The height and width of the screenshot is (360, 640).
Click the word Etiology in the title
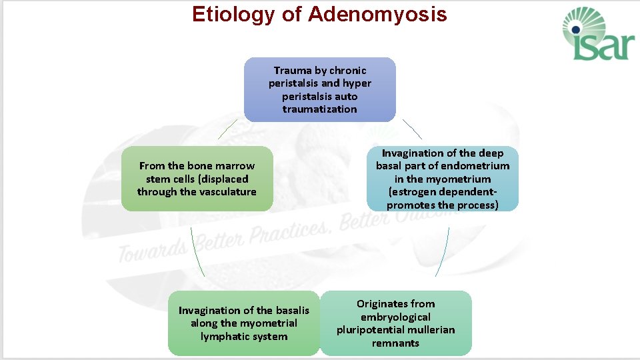pos(233,14)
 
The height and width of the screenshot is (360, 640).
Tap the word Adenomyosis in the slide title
pos(377,14)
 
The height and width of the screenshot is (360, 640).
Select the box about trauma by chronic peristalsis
pos(319,89)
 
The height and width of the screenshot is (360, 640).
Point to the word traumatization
pos(319,109)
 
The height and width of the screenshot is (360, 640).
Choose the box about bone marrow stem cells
pos(197,179)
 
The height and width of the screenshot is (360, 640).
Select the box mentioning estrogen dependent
pos(442,179)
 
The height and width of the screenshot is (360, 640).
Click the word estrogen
pos(411,192)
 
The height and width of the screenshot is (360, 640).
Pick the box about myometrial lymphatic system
pos(243,323)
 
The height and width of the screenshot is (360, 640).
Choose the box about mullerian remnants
pos(395,323)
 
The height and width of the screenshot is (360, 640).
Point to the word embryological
pos(395,317)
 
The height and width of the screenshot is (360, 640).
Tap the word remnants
pos(395,343)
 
